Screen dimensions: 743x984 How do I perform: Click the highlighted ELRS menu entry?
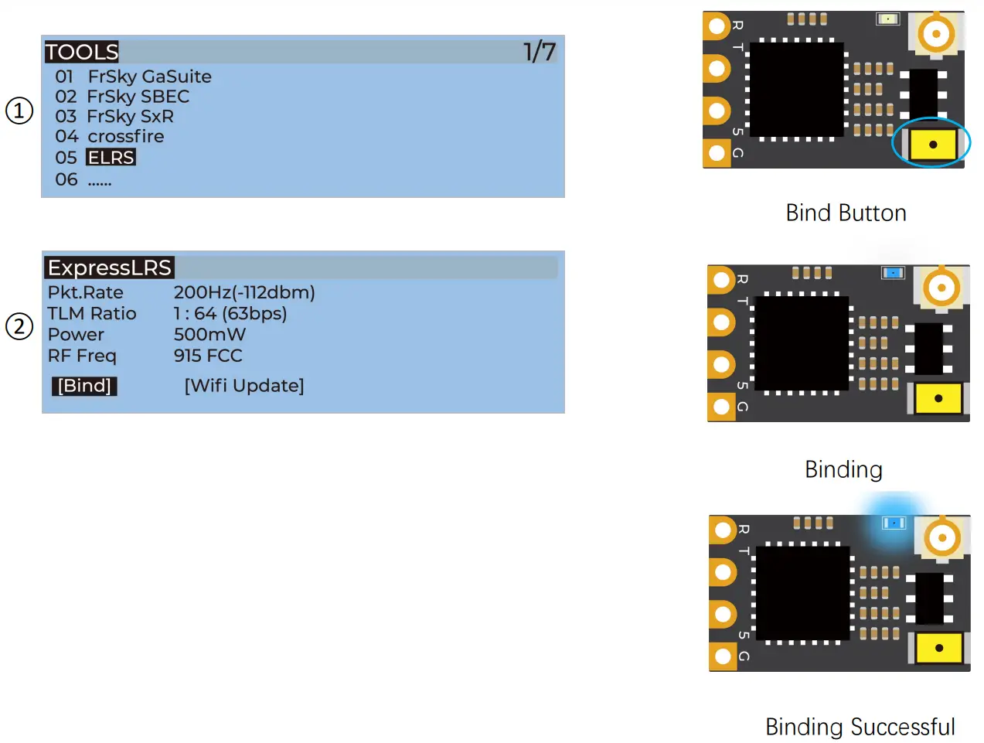[111, 158]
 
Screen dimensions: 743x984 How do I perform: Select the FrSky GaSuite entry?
[149, 77]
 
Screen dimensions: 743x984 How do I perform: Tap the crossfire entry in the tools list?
[125, 137]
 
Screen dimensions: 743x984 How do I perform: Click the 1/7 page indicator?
[539, 52]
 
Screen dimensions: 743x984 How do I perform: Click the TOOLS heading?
[81, 52]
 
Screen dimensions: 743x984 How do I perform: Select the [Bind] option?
[84, 386]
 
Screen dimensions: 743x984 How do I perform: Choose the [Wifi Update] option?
[244, 386]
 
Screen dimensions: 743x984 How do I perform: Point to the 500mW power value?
[209, 335]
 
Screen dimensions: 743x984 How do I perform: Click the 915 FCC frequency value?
[208, 356]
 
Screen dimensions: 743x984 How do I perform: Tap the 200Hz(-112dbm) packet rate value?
[244, 292]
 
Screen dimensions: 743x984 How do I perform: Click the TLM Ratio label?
[92, 314]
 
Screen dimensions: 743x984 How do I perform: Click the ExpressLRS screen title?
[109, 268]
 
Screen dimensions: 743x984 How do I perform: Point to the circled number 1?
[19, 111]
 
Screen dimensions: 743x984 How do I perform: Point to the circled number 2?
[19, 326]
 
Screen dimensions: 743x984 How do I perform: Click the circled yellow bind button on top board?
[932, 145]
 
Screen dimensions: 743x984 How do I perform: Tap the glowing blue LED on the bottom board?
[894, 523]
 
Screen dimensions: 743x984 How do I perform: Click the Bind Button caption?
[846, 213]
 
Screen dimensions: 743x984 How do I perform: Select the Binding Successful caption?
[860, 727]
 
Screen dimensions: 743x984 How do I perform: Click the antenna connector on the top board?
[936, 34]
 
